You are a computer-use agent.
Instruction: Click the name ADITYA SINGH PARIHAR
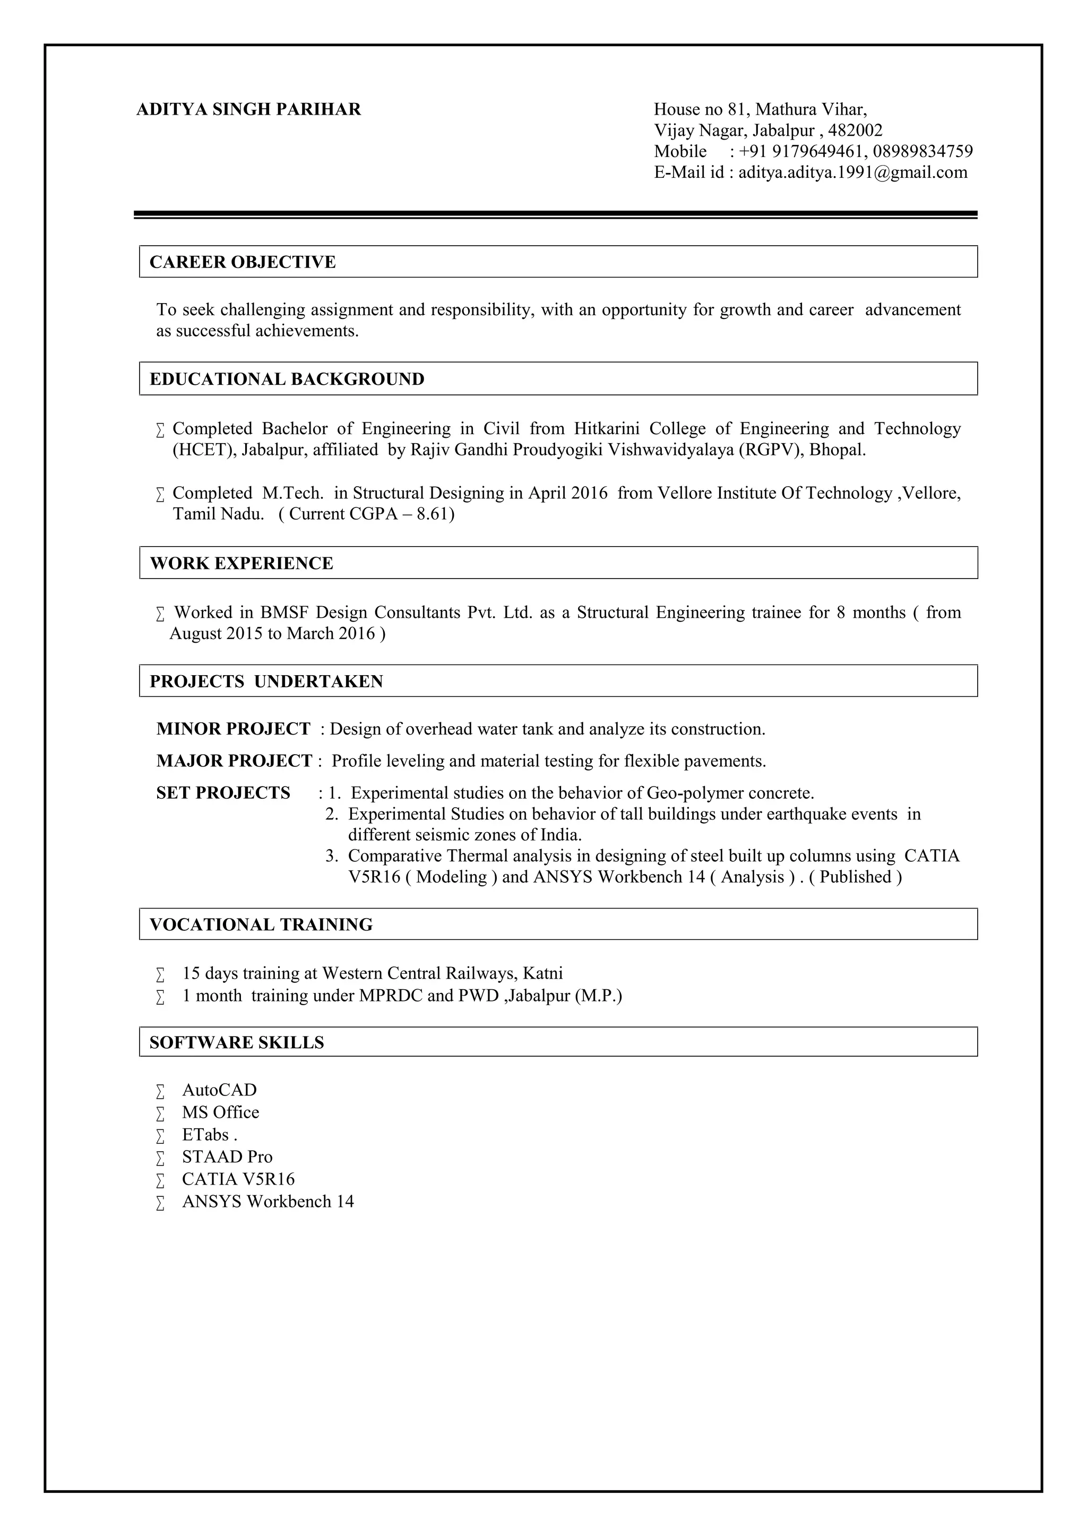click(x=248, y=109)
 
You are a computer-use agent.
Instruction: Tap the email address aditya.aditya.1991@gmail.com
click(x=853, y=172)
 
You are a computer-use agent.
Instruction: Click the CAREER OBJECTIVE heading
click(x=243, y=262)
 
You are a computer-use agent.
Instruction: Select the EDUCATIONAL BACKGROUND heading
click(x=287, y=379)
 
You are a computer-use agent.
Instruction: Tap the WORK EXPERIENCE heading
click(x=241, y=563)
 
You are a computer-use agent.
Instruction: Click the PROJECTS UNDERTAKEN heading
click(x=266, y=681)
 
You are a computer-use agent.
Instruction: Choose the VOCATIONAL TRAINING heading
click(x=261, y=925)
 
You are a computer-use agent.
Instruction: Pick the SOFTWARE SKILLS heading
click(x=236, y=1042)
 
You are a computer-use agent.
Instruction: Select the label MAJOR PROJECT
click(x=234, y=761)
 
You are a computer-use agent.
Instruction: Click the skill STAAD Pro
click(x=227, y=1157)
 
